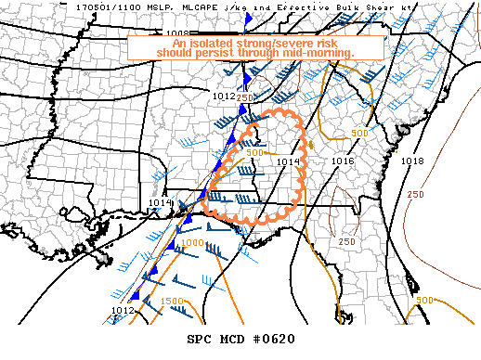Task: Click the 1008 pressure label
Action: (x=177, y=33)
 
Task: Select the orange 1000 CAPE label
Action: (x=192, y=242)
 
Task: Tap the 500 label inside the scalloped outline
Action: (x=255, y=153)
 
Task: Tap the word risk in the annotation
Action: (x=349, y=42)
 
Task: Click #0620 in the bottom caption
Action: (x=274, y=339)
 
